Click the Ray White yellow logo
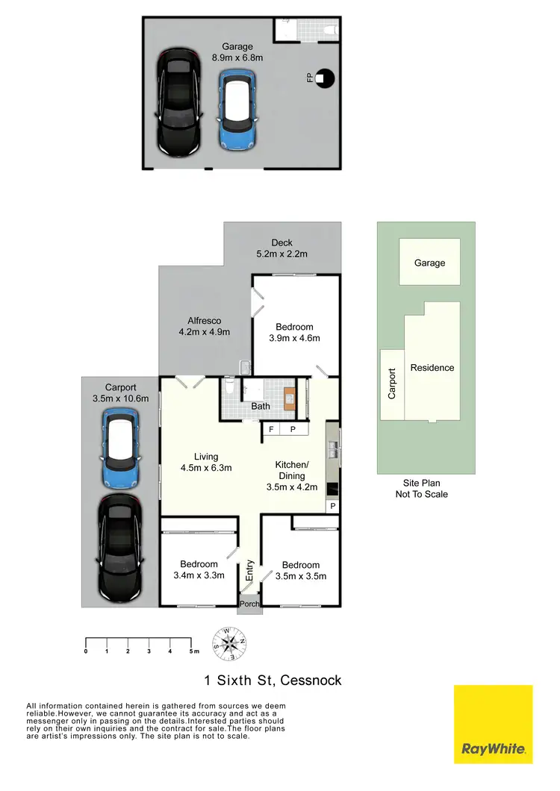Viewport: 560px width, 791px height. tap(493, 724)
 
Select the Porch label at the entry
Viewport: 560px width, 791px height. tap(249, 604)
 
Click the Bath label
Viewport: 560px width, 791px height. tap(261, 407)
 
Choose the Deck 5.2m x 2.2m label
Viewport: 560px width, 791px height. tap(282, 248)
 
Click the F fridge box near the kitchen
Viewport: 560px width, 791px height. tap(271, 430)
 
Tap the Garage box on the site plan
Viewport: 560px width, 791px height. tap(429, 262)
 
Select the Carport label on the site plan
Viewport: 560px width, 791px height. tap(392, 383)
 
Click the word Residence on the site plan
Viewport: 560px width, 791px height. tap(432, 368)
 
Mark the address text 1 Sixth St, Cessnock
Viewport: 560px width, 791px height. tap(273, 681)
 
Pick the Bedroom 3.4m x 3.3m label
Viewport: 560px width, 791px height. tap(199, 570)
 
